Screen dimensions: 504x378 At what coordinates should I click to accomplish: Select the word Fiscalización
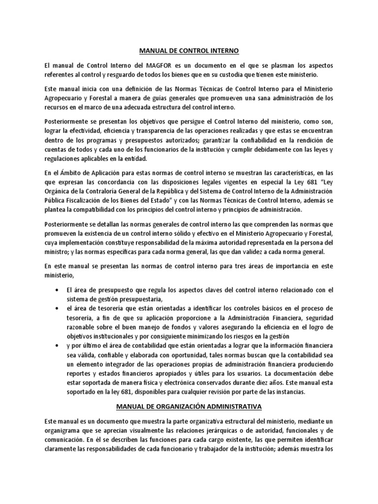pos(84,201)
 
